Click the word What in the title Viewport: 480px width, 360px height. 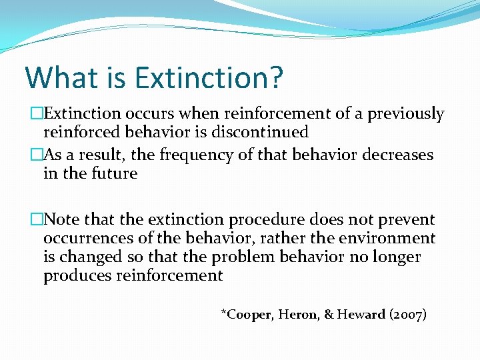60,77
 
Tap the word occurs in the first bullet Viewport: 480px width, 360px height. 147,114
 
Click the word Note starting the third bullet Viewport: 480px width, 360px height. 62,219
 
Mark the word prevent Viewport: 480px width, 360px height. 405,219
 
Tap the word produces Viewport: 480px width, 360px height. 76,275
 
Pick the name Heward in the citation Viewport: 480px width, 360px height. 360,314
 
